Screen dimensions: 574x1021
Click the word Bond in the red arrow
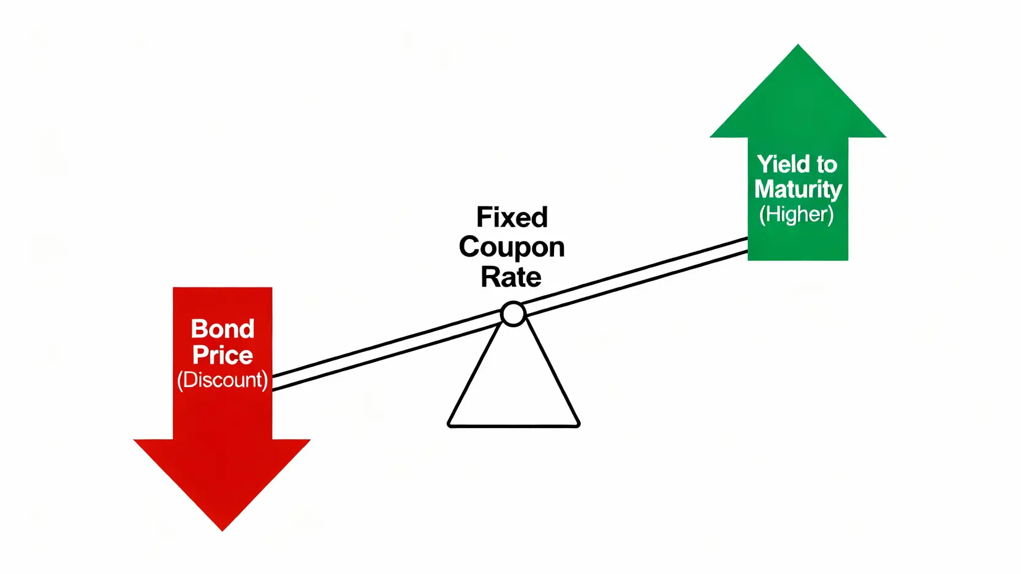pyautogui.click(x=222, y=329)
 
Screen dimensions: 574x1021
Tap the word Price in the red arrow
pyautogui.click(x=222, y=355)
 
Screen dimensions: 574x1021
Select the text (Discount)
pyautogui.click(x=222, y=380)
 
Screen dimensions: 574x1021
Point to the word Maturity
pyautogui.click(x=797, y=189)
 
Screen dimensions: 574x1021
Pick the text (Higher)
pyautogui.click(x=796, y=214)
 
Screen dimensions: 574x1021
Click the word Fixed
pyautogui.click(x=512, y=217)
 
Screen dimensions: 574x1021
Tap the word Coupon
pyautogui.click(x=512, y=247)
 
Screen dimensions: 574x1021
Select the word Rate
pyautogui.click(x=510, y=277)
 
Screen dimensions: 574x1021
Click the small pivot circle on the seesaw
pyautogui.click(x=513, y=314)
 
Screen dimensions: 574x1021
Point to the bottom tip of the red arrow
pyautogui.click(x=222, y=530)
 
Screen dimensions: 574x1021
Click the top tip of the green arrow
pyautogui.click(x=798, y=45)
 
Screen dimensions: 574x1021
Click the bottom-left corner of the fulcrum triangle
pyautogui.click(x=449, y=425)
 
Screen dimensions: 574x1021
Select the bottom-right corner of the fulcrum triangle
pyautogui.click(x=578, y=425)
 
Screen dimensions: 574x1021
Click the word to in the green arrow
pyautogui.click(x=826, y=164)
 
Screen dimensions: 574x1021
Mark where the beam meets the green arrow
pyautogui.click(x=748, y=244)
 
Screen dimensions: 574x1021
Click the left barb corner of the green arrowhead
pyautogui.click(x=711, y=137)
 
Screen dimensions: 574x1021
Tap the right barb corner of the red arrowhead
pyautogui.click(x=309, y=440)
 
